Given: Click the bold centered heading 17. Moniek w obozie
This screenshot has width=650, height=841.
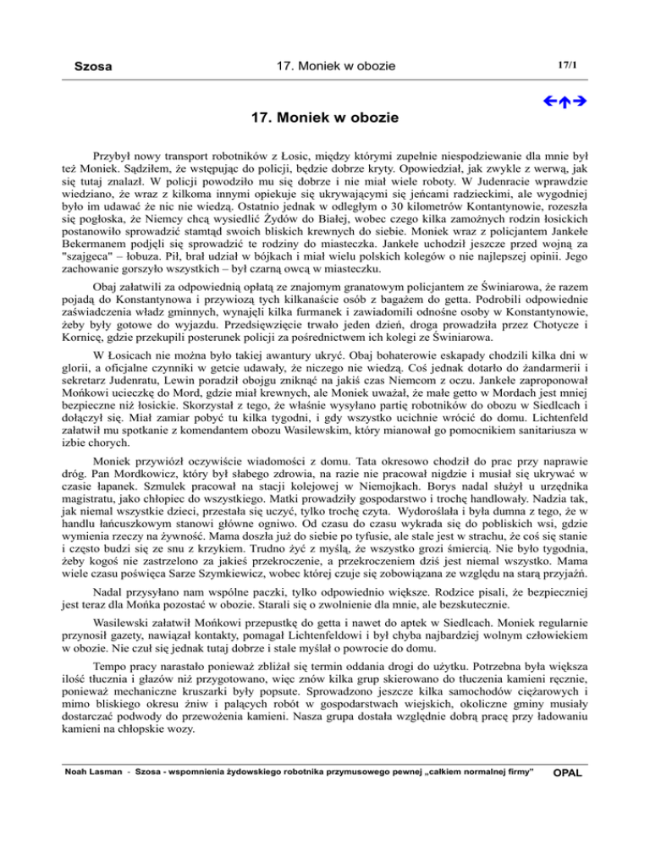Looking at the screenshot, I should pos(325,112).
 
